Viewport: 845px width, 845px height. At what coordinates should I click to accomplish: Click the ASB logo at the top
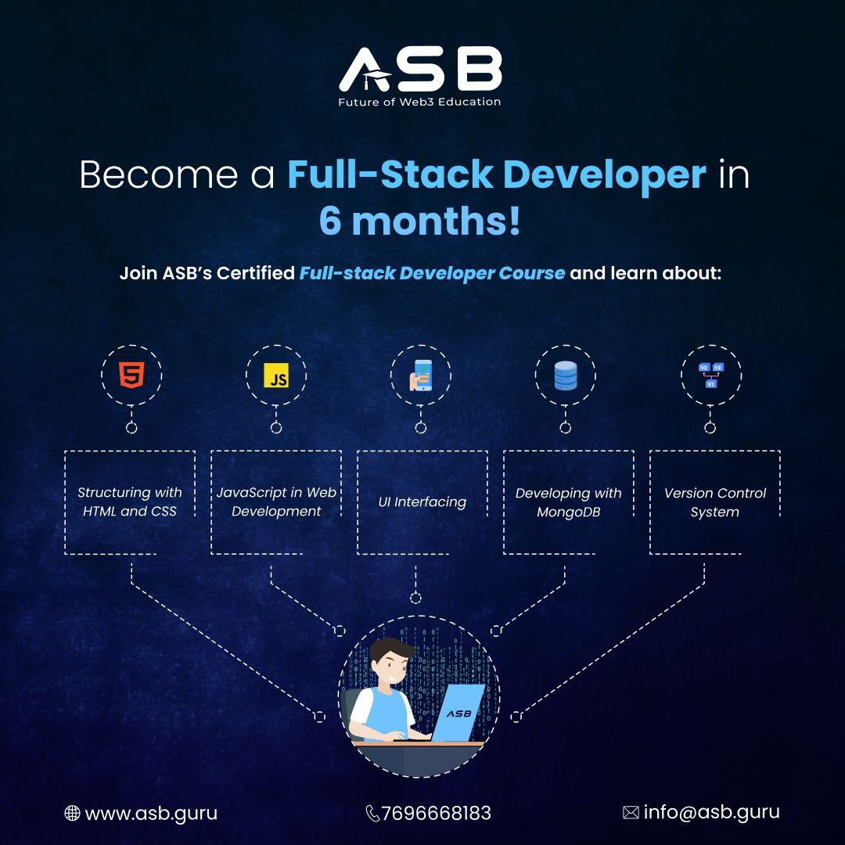click(x=420, y=69)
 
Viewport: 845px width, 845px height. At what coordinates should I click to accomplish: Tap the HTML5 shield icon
click(x=131, y=376)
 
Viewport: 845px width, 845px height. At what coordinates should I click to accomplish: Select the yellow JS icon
click(x=276, y=376)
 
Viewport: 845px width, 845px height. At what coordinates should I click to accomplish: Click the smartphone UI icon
click(x=420, y=376)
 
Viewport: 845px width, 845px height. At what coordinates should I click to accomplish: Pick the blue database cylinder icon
click(x=565, y=376)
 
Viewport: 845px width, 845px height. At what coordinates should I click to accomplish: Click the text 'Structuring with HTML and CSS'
click(x=130, y=502)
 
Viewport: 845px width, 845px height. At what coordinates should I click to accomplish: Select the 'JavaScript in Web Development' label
click(x=276, y=502)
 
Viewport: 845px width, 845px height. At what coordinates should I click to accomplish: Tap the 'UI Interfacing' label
click(x=422, y=502)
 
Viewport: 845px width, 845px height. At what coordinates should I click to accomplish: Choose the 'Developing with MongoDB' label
click(x=568, y=502)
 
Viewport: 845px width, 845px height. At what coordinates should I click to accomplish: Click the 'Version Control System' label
click(x=714, y=502)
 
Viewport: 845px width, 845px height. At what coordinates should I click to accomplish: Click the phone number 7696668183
click(x=437, y=813)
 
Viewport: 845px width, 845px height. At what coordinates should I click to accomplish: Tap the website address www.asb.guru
click(x=151, y=813)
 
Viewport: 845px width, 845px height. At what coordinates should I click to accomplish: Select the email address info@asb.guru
click(x=711, y=812)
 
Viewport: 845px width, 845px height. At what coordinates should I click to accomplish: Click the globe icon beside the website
click(x=72, y=814)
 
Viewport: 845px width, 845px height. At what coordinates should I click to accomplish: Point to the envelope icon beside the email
click(x=631, y=813)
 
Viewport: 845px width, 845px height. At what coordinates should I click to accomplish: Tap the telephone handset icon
click(x=372, y=814)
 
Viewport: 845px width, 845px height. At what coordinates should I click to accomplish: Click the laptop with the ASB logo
click(x=458, y=714)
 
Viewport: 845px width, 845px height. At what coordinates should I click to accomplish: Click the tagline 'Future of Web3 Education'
click(x=419, y=102)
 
